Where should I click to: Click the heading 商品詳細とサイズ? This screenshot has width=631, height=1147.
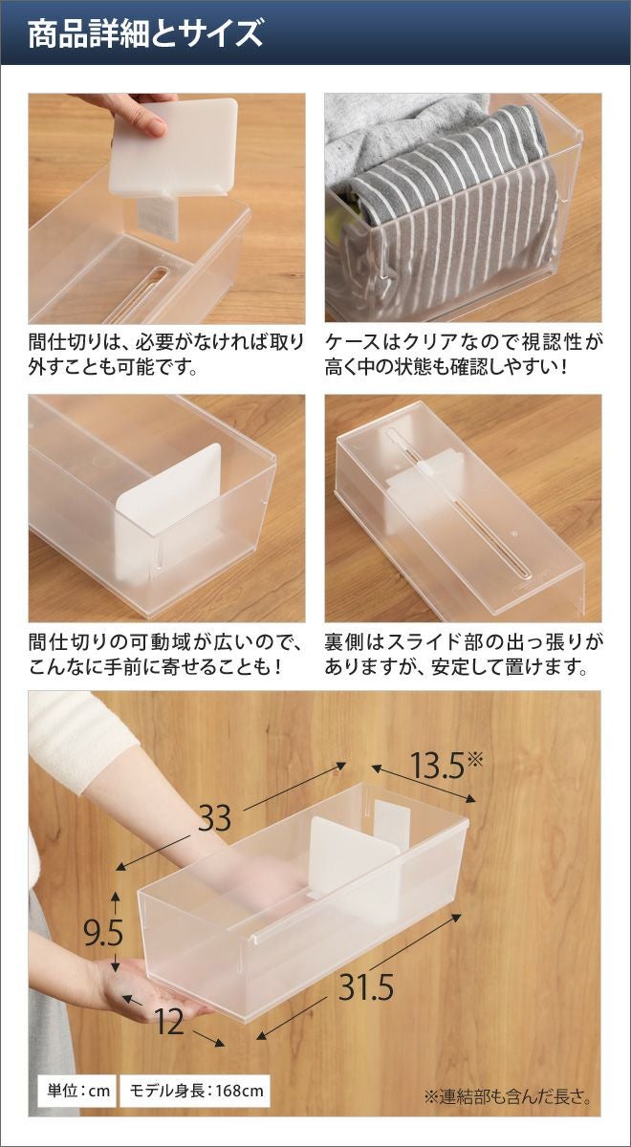[x=145, y=33]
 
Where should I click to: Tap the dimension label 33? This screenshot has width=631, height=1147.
[x=215, y=818]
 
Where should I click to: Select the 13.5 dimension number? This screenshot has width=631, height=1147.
[x=438, y=766]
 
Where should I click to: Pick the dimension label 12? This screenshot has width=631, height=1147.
[x=168, y=1008]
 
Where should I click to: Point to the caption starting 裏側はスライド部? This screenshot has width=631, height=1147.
[x=464, y=655]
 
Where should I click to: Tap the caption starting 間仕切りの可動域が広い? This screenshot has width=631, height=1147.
[x=166, y=655]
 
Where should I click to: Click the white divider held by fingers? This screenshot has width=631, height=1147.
[x=174, y=148]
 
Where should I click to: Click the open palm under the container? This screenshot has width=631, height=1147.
[x=154, y=976]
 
